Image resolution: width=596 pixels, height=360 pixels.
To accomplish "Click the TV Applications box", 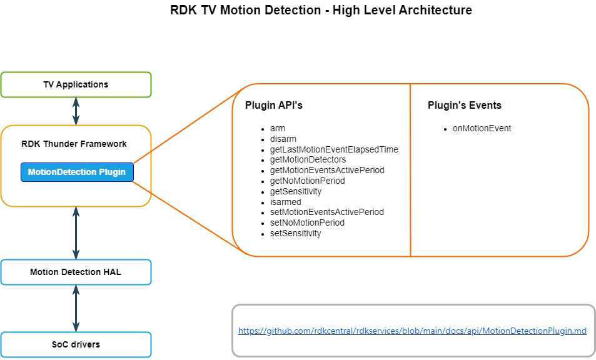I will pyautogui.click(x=76, y=84).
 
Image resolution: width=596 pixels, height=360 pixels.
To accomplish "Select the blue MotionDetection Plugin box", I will pyautogui.click(x=77, y=172).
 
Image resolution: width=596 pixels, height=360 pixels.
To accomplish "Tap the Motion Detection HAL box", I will pyautogui.click(x=76, y=272).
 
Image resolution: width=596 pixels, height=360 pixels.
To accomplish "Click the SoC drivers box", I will pyautogui.click(x=76, y=344).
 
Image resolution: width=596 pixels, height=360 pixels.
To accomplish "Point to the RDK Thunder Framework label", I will pyautogui.click(x=74, y=144).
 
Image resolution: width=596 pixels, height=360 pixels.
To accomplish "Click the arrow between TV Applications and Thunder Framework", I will pyautogui.click(x=76, y=111).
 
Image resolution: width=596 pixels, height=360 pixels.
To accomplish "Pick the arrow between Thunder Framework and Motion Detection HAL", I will pyautogui.click(x=76, y=233).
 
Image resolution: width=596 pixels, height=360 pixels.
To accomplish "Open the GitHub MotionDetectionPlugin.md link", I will pyautogui.click(x=412, y=331).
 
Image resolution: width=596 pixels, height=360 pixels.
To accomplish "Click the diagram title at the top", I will pyautogui.click(x=321, y=11).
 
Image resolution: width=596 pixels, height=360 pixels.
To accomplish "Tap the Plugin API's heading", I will pyautogui.click(x=274, y=106).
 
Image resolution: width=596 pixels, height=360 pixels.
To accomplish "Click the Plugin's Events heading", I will pyautogui.click(x=464, y=106).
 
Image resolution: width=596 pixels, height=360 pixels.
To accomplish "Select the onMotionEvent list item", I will pyautogui.click(x=482, y=128).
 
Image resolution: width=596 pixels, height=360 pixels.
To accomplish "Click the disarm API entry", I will pyautogui.click(x=283, y=139).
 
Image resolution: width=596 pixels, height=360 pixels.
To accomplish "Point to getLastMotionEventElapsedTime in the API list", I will pyautogui.click(x=334, y=149).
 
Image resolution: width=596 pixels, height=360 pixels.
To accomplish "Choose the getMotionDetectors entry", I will pyautogui.click(x=308, y=160).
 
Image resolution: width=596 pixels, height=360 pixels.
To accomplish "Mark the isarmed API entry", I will pyautogui.click(x=285, y=202).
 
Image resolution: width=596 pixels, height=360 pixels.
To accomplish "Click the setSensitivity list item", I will pyautogui.click(x=295, y=233).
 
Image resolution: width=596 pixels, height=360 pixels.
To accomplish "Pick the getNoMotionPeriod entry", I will pyautogui.click(x=307, y=181).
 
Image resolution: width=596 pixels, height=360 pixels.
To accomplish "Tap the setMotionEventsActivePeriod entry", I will pyautogui.click(x=326, y=212).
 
